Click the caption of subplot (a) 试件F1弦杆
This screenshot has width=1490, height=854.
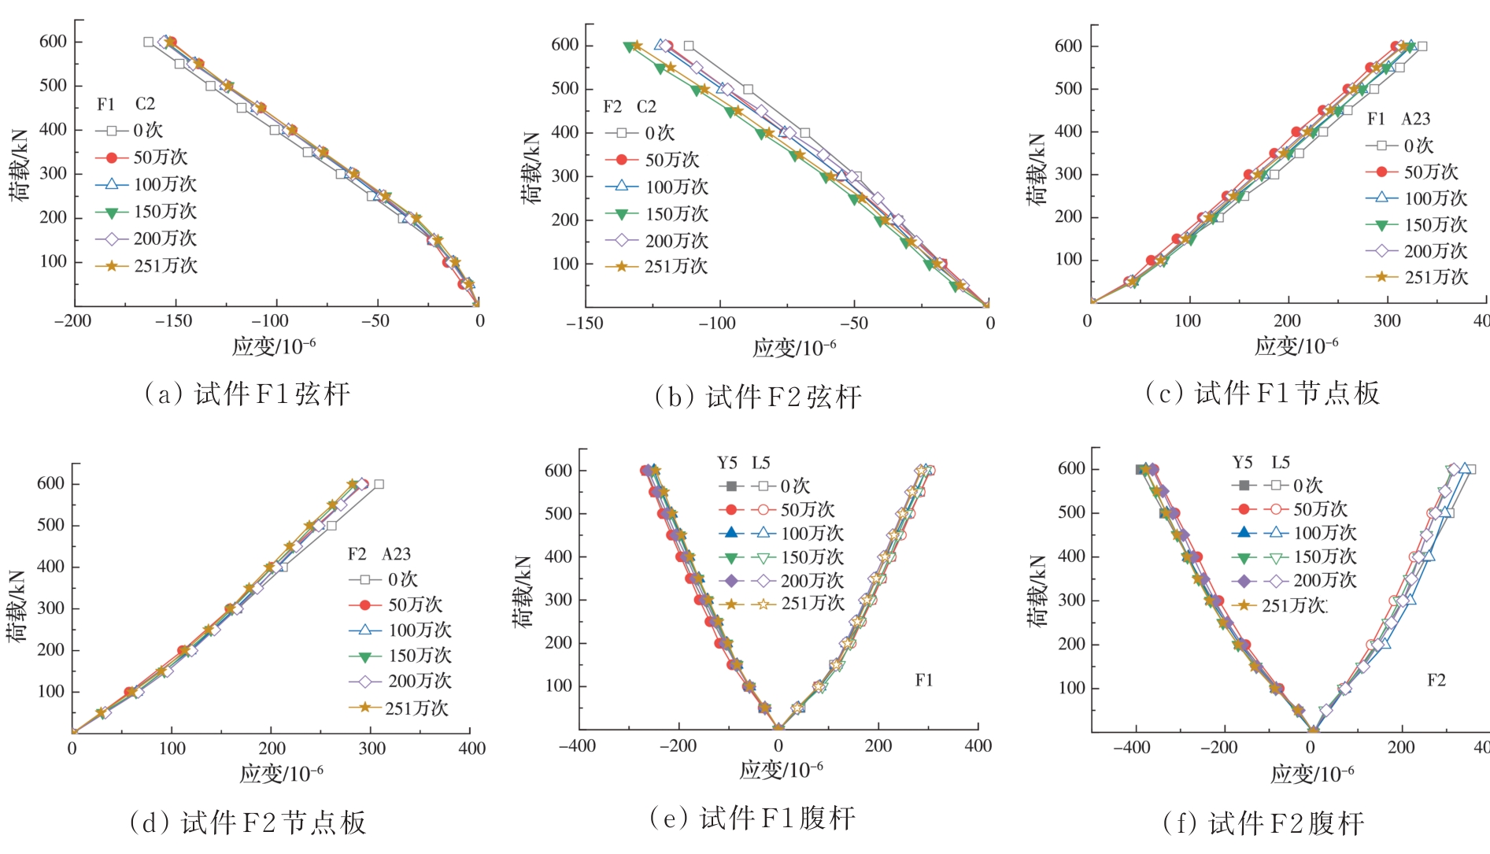point(246,394)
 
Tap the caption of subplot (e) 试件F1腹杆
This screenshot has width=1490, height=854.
point(752,819)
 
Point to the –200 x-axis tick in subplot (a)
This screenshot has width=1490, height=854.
point(73,321)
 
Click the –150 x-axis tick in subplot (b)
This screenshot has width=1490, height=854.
point(585,323)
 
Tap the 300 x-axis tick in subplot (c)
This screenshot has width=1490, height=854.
point(1387,321)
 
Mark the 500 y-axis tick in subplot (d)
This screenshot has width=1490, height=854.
point(50,525)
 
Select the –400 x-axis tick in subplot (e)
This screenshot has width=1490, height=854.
point(577,746)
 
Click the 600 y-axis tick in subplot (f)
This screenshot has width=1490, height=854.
point(1071,469)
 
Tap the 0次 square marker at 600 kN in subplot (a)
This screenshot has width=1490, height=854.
point(149,42)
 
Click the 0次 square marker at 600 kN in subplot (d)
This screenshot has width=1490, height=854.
point(379,484)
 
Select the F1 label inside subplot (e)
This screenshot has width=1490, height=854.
point(924,680)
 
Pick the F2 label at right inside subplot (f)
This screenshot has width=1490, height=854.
point(1436,680)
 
